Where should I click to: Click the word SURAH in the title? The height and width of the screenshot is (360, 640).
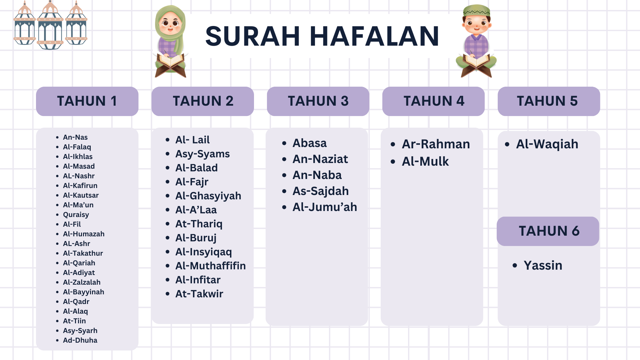pos(253,36)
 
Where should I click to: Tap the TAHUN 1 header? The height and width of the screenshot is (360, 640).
pos(87,101)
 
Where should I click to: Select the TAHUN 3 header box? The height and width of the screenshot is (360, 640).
pos(318,101)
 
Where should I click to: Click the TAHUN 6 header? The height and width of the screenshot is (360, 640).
pos(548,231)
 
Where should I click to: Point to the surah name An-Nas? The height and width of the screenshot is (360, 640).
pos(75,137)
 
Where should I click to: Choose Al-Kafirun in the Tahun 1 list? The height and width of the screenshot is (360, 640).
pos(80,186)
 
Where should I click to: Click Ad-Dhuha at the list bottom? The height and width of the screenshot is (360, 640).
pos(80,340)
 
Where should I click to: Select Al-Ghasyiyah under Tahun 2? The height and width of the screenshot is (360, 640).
pos(208,196)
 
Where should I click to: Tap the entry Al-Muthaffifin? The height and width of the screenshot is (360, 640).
pos(211,266)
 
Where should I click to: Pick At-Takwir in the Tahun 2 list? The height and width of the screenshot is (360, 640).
pos(199,294)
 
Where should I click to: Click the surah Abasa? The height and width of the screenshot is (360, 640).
pos(310,143)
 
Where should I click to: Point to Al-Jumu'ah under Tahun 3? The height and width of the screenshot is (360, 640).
pos(325,207)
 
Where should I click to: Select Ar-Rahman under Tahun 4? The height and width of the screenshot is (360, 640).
pos(436,144)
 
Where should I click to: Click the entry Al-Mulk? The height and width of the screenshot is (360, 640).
pos(425,161)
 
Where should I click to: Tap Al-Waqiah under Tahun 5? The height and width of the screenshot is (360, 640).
pos(547,144)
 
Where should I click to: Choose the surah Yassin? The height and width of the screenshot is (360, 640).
pos(543,265)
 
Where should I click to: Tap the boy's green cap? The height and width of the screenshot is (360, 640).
pos(477,10)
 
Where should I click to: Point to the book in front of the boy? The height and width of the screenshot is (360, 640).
pos(476,65)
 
